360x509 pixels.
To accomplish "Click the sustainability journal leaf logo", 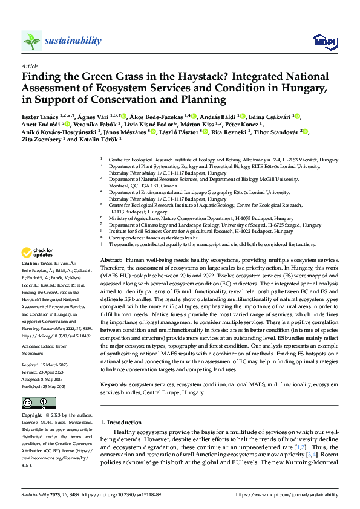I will point(31,41).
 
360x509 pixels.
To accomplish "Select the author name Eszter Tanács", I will point(44,117).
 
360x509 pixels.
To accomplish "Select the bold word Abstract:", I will point(112,259).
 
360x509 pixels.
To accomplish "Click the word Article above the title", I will point(30,66).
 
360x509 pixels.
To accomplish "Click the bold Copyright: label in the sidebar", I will point(33,416).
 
